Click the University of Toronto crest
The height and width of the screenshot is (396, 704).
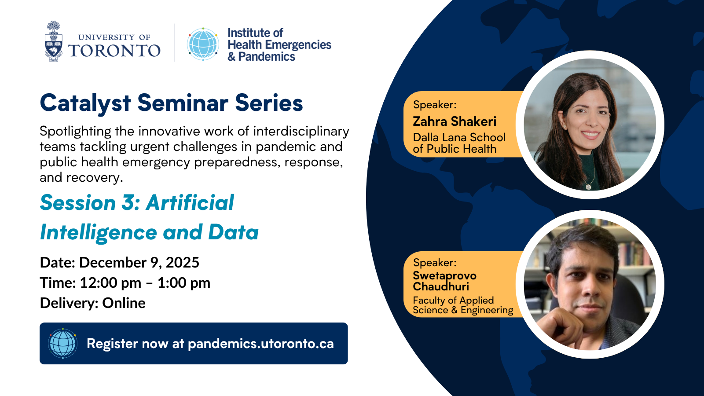coord(53,41)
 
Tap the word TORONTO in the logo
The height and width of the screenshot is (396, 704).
coord(114,51)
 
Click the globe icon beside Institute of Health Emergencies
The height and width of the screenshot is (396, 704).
coord(203,44)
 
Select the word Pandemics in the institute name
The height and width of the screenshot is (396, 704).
coord(267,57)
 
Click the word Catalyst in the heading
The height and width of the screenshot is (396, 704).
coord(85,103)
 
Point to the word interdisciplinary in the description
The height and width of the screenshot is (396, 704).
coord(301,132)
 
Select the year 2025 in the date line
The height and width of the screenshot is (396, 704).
coord(182,262)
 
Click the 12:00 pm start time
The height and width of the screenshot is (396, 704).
coord(110,283)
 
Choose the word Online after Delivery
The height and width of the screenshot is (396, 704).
coord(124,303)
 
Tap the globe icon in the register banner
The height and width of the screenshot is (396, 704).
coord(63,343)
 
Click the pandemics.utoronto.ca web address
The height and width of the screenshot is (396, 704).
coord(260,344)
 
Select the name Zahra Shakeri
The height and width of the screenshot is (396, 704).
coord(455,121)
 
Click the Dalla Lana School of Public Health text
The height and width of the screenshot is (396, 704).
coord(459,143)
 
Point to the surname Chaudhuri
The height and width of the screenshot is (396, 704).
coord(440,286)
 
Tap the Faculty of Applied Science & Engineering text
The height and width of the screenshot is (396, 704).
coord(462,305)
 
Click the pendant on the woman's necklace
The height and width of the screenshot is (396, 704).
coord(588,187)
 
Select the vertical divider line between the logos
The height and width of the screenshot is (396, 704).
coord(174,42)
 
